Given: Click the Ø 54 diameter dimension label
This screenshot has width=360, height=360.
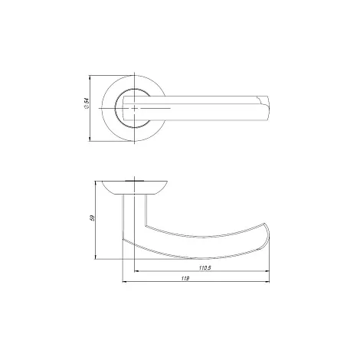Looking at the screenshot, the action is (87, 103).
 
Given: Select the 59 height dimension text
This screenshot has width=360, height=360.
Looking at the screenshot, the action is (92, 218).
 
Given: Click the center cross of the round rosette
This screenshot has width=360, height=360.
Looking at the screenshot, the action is (134, 109).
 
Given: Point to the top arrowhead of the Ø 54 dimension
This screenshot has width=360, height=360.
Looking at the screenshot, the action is (90, 77).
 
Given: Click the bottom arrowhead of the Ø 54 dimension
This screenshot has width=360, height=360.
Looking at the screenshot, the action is (90, 139).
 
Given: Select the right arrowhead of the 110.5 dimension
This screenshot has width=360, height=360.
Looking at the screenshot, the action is (267, 271).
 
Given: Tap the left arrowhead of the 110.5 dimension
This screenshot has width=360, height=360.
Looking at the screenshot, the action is (137, 271).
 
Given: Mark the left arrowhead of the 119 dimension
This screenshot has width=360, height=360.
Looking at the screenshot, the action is (125, 282).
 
